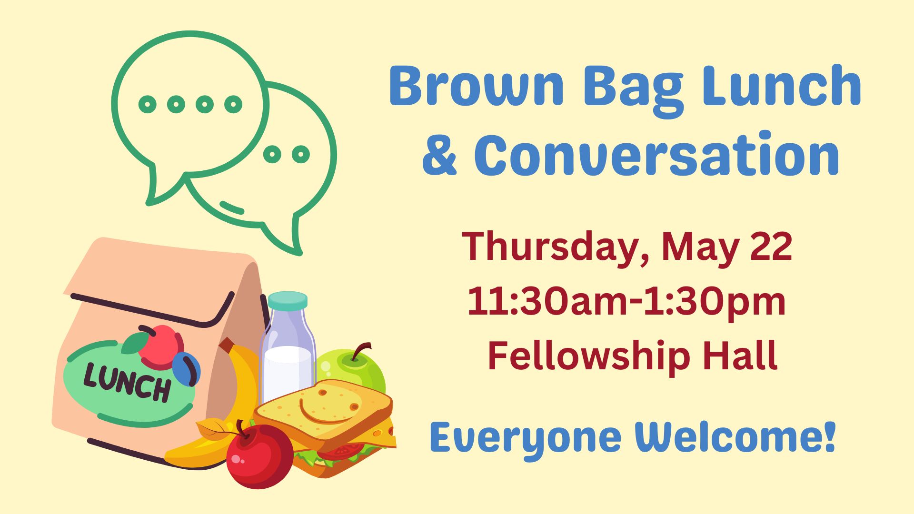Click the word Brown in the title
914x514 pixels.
click(477, 86)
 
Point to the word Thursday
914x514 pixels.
click(550, 247)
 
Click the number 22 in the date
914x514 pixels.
click(771, 246)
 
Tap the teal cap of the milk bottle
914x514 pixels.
click(288, 300)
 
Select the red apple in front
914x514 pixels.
click(259, 455)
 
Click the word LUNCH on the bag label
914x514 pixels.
click(127, 383)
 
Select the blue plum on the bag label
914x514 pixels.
click(186, 369)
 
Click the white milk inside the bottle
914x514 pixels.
click(288, 374)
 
